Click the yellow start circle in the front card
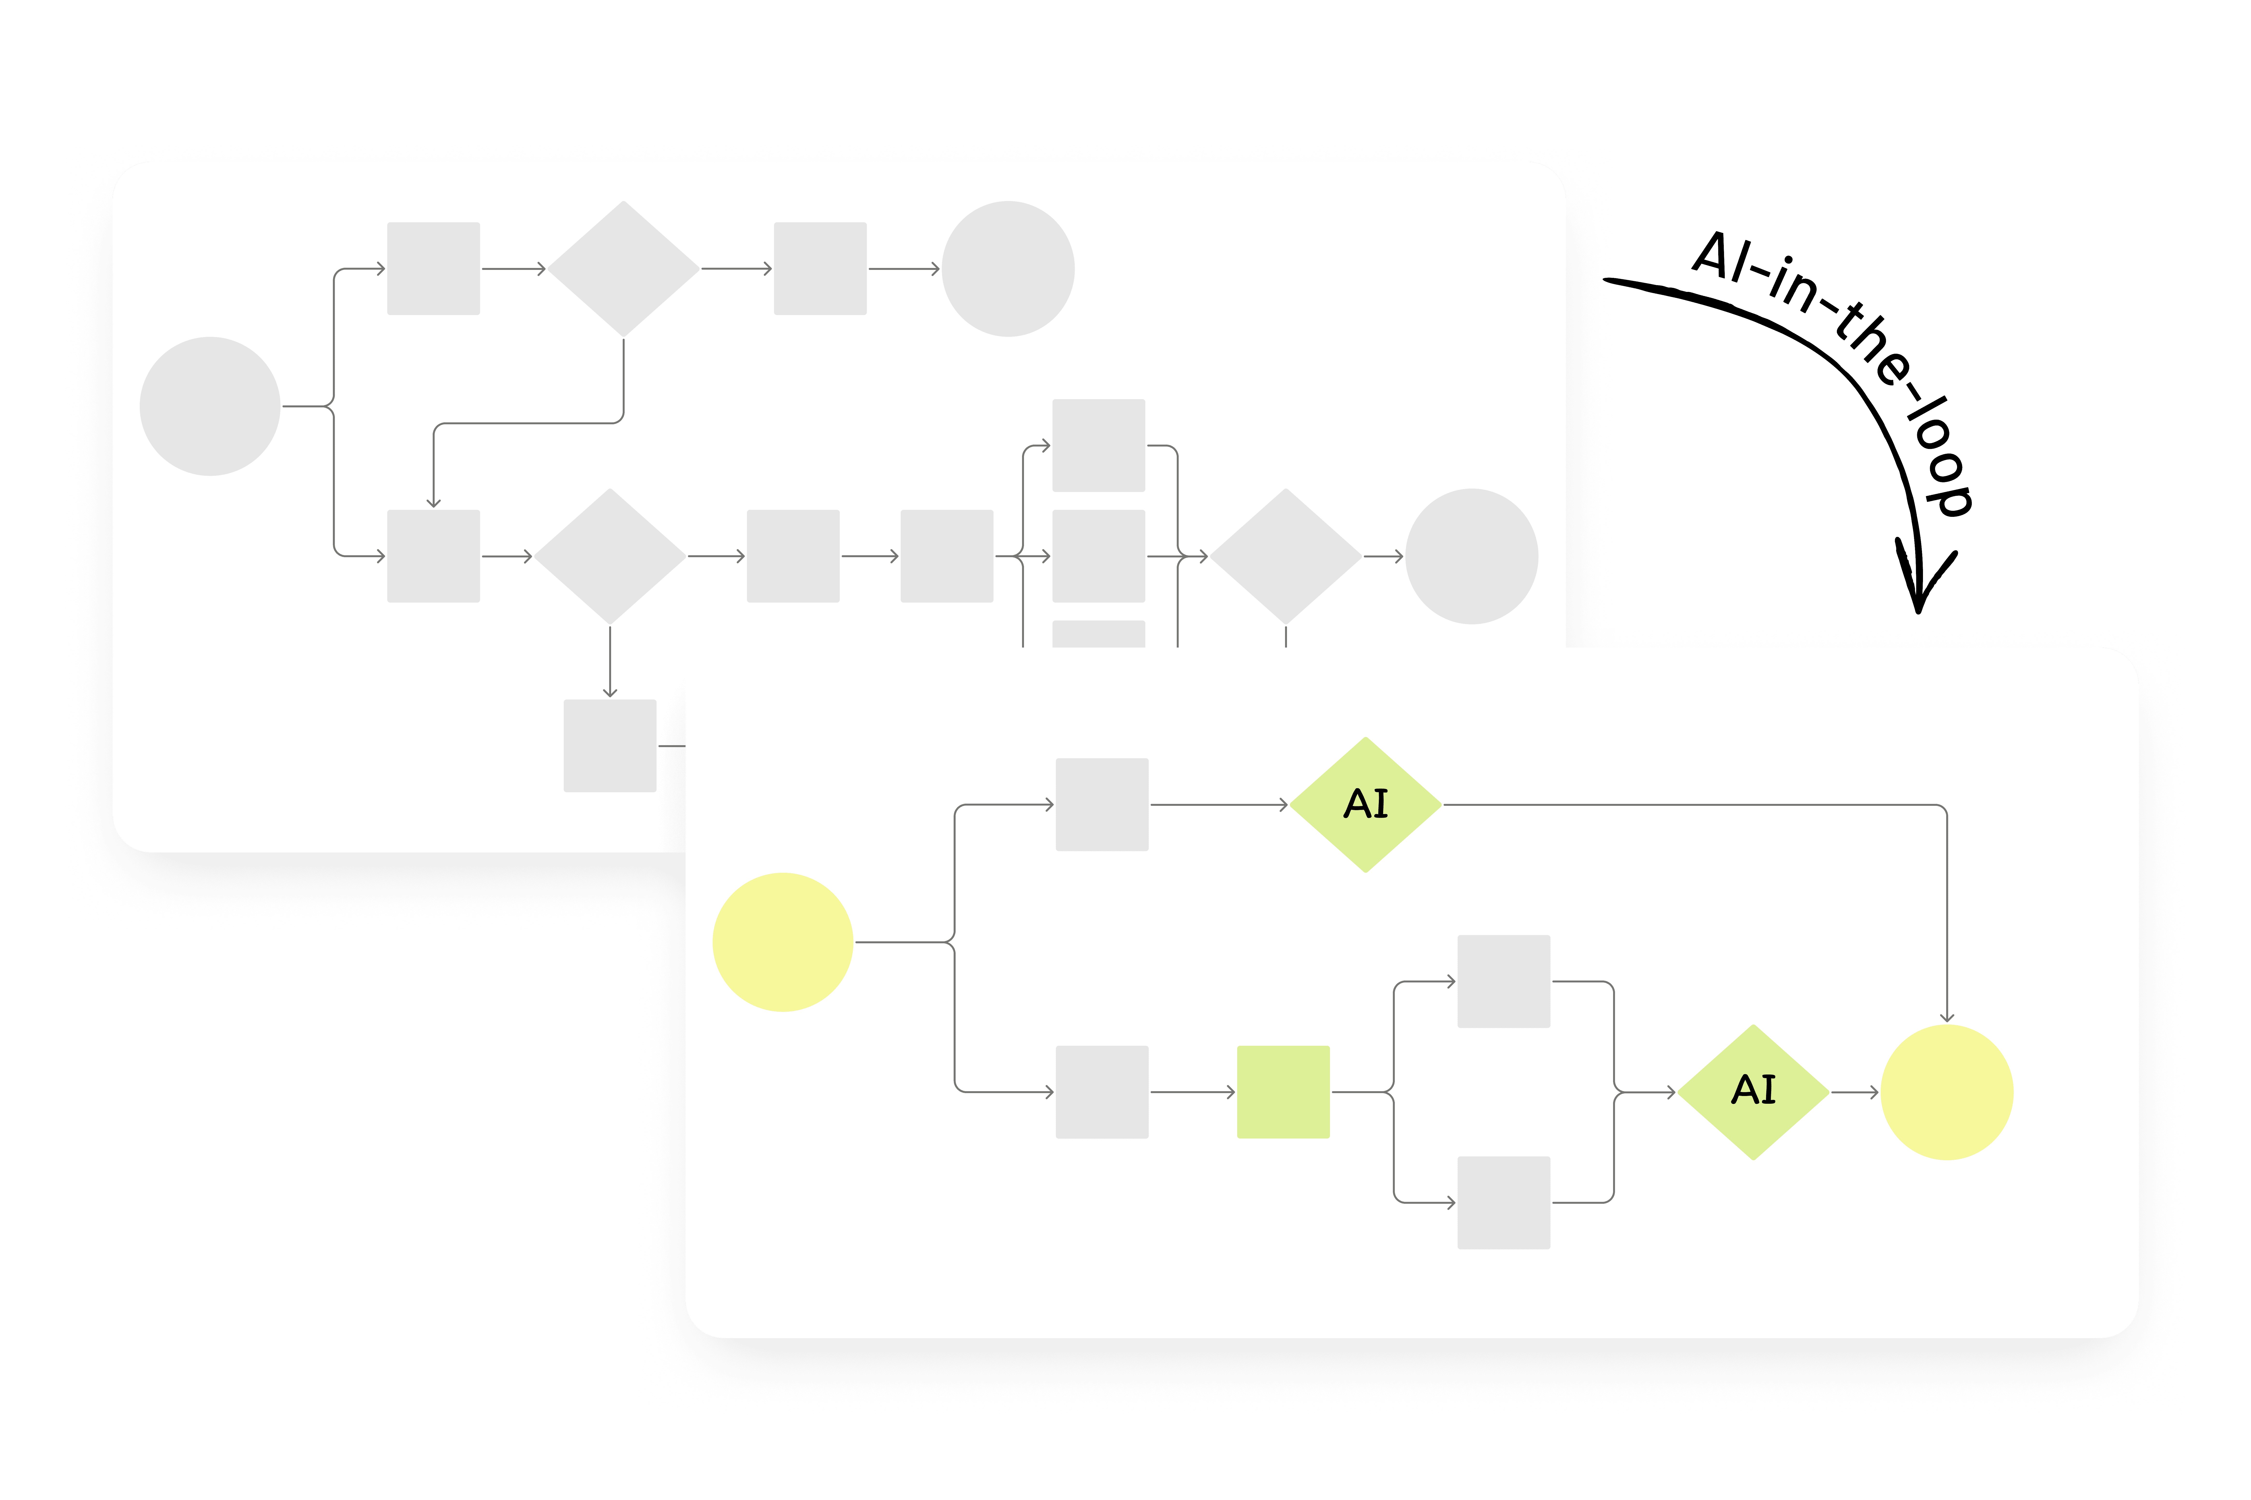click(x=783, y=942)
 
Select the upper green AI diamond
click(x=1366, y=805)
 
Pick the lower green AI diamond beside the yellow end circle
click(x=1753, y=1091)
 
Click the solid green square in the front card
click(x=1283, y=1091)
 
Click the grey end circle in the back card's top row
click(x=1008, y=269)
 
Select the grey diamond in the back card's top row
click(x=623, y=269)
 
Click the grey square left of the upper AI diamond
click(x=1102, y=805)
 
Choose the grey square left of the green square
click(x=1102, y=1091)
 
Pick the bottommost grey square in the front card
click(x=1504, y=1203)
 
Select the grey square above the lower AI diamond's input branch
click(x=1504, y=981)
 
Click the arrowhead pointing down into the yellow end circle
click(x=1947, y=1017)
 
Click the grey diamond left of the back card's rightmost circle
click(x=1285, y=556)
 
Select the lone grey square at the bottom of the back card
click(x=610, y=745)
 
